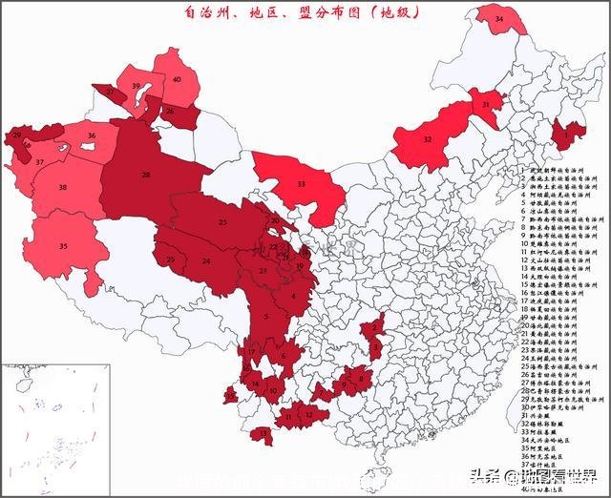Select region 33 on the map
301,184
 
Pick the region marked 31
486,106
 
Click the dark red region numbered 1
569,135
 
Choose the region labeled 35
63,246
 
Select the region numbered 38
63,188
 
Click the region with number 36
92,136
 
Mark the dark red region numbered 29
19,136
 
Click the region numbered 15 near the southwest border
231,394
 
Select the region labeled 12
308,415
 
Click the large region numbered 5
267,316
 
